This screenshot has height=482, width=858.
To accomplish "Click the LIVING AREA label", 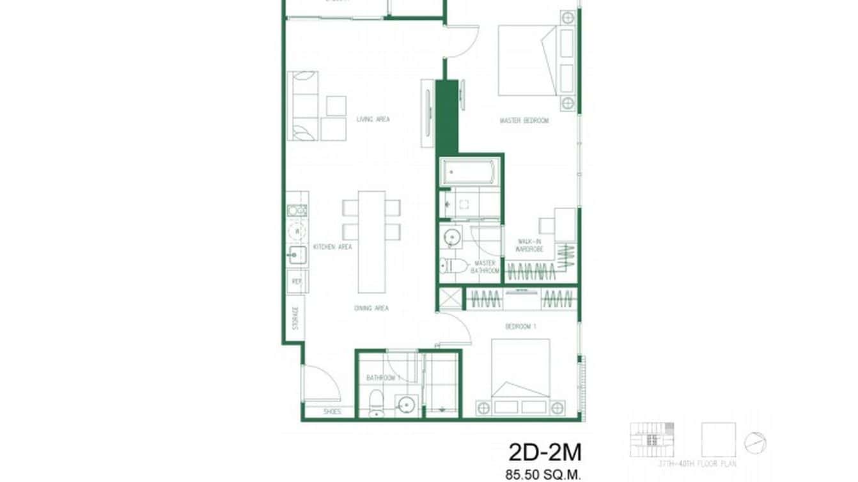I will tap(373, 119).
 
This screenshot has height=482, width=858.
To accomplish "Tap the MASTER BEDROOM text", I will tap(524, 120).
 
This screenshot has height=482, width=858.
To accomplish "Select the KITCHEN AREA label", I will tap(332, 247).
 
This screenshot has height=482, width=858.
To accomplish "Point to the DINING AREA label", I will tap(371, 308).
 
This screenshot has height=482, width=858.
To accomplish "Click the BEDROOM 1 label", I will tap(520, 327).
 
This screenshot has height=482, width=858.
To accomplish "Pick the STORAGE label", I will tap(295, 318).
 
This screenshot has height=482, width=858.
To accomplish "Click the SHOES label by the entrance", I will tap(332, 412).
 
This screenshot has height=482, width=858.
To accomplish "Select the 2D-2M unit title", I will tap(545, 453).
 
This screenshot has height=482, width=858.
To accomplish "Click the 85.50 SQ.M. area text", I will tap(542, 475).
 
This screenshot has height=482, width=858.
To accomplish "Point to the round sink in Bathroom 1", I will tap(405, 404).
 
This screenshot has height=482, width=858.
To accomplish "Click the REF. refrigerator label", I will tap(297, 281).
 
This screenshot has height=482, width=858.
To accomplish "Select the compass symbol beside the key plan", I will tap(755, 442).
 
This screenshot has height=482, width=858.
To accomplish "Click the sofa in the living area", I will tap(303, 105).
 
